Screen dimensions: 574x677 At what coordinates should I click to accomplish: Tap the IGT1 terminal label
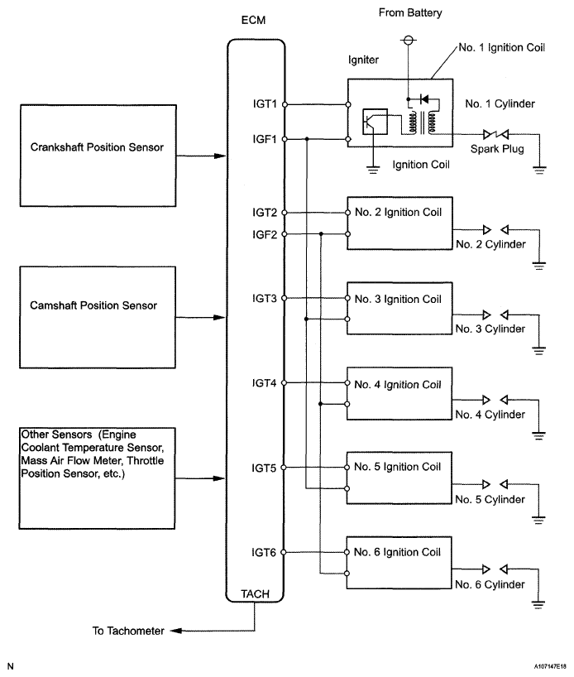[265, 104]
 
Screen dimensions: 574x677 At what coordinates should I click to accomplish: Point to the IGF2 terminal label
[265, 234]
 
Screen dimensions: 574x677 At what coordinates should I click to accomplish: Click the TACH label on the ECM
[255, 594]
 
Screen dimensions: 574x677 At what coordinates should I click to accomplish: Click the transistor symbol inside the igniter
[375, 122]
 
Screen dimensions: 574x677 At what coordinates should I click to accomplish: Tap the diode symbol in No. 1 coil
[423, 100]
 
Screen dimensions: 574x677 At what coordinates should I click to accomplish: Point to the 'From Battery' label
[410, 13]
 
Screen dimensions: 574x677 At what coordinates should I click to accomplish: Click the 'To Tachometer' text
[128, 631]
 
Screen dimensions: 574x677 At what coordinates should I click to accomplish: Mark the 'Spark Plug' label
[497, 149]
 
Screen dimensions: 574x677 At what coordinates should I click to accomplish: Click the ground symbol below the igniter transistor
[373, 169]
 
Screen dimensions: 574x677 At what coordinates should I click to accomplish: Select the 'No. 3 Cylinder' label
[490, 329]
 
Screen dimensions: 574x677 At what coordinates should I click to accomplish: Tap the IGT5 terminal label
[264, 468]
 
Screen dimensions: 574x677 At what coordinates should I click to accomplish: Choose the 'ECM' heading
[253, 21]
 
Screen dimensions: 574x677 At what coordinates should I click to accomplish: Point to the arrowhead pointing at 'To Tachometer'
[176, 631]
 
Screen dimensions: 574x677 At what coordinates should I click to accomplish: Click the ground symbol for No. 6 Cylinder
[538, 604]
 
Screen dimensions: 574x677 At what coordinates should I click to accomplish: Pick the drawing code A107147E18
[550, 666]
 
